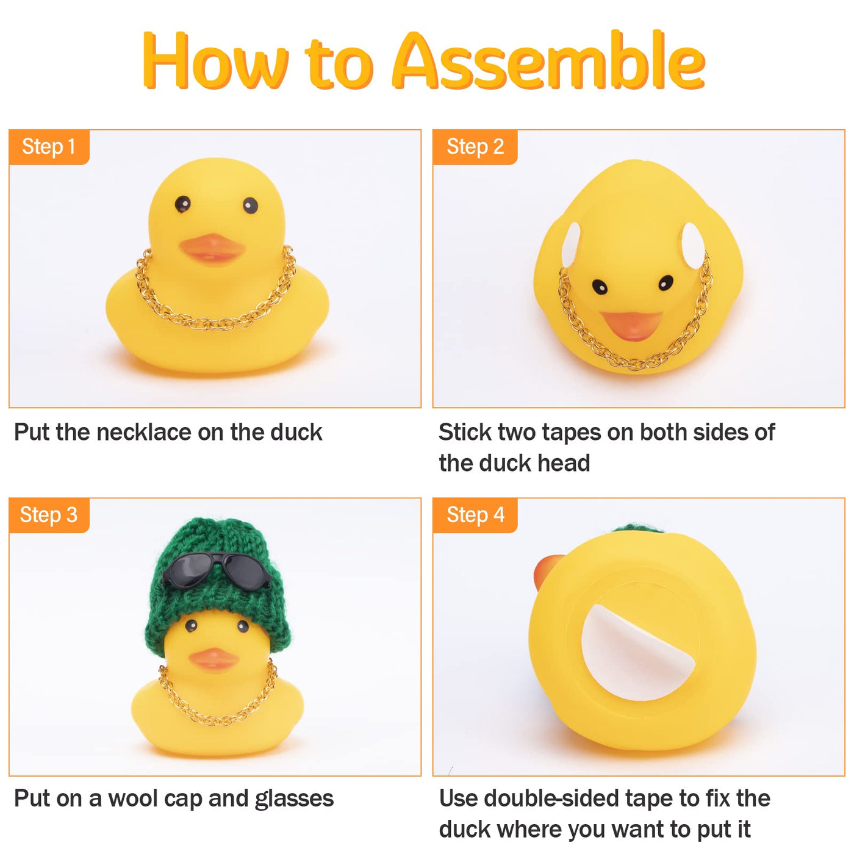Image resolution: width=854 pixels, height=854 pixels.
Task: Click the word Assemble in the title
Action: [548, 61]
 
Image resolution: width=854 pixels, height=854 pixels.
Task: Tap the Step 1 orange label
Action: [49, 146]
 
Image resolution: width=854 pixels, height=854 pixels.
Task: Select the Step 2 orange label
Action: [475, 146]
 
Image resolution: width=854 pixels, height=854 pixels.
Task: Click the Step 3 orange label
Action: [49, 515]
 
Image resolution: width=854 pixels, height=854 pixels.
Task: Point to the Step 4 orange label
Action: [475, 515]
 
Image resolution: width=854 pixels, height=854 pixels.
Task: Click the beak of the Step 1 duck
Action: [212, 249]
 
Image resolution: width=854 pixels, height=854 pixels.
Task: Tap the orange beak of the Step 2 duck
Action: [631, 325]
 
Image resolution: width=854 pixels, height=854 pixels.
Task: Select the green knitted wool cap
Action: [218, 586]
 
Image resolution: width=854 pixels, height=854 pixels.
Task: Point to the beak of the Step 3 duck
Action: [213, 659]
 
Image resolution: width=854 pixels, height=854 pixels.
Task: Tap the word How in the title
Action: [215, 61]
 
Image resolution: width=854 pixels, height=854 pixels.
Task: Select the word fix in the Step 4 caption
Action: [719, 798]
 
